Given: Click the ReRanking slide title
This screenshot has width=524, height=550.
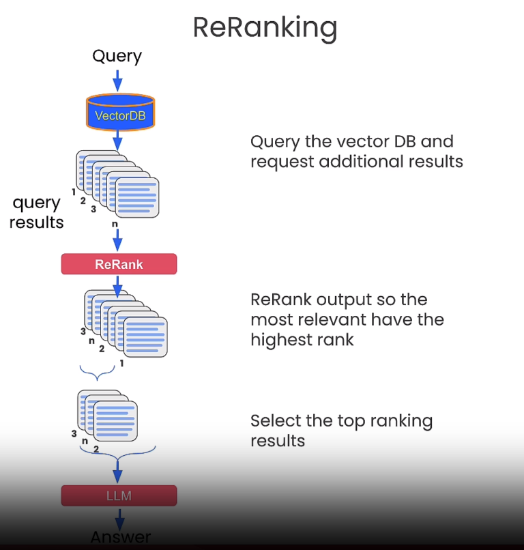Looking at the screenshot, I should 265,28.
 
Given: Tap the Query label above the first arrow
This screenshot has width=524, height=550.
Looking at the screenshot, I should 117,56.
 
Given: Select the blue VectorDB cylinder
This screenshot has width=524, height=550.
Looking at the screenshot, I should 120,113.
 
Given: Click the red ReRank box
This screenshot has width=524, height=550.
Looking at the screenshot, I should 119,264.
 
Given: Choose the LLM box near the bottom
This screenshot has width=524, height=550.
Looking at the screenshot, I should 119,495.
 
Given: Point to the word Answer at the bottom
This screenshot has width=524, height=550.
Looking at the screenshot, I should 120,537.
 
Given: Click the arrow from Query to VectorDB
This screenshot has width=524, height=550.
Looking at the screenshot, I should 117,81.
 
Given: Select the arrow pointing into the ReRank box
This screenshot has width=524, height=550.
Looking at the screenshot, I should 117,241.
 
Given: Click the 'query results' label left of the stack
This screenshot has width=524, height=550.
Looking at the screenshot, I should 37,212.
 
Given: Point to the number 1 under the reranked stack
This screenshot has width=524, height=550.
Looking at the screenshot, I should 121,364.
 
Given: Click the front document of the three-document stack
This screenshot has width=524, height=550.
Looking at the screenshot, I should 116,421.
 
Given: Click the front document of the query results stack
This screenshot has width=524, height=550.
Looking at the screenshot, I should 136,197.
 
